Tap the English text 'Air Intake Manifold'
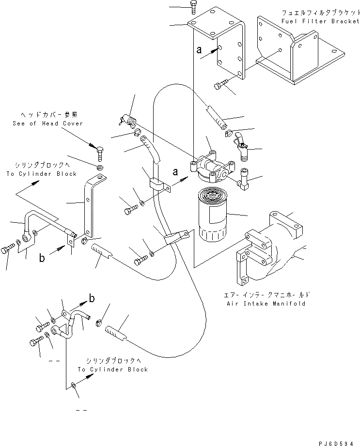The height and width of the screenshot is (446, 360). pyautogui.click(x=266, y=304)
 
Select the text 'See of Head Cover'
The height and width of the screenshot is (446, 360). pyautogui.click(x=47, y=123)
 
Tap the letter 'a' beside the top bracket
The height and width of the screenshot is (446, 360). pyautogui.click(x=199, y=49)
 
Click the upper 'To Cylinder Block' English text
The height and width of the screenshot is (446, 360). pyautogui.click(x=42, y=174)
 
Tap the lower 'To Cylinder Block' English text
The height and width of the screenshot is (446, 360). pyautogui.click(x=113, y=369)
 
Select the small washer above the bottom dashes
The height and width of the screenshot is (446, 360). pyautogui.click(x=72, y=385)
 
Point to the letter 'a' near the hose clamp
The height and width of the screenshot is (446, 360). pyautogui.click(x=175, y=171)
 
